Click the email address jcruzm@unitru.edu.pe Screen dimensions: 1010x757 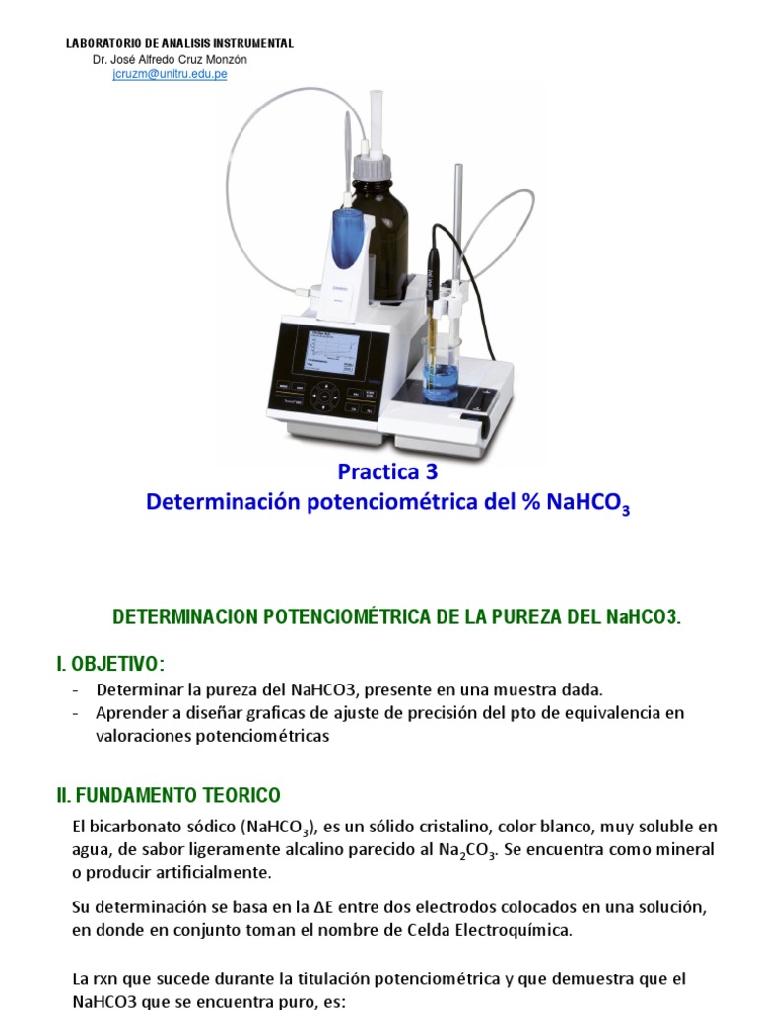tap(170, 74)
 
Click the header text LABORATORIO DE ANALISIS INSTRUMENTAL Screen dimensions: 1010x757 tap(179, 44)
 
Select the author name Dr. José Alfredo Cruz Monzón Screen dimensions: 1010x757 tap(170, 59)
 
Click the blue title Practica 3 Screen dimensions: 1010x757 tap(387, 471)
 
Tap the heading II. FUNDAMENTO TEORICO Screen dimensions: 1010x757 tap(169, 795)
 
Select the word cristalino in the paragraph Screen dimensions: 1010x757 tap(415, 827)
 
